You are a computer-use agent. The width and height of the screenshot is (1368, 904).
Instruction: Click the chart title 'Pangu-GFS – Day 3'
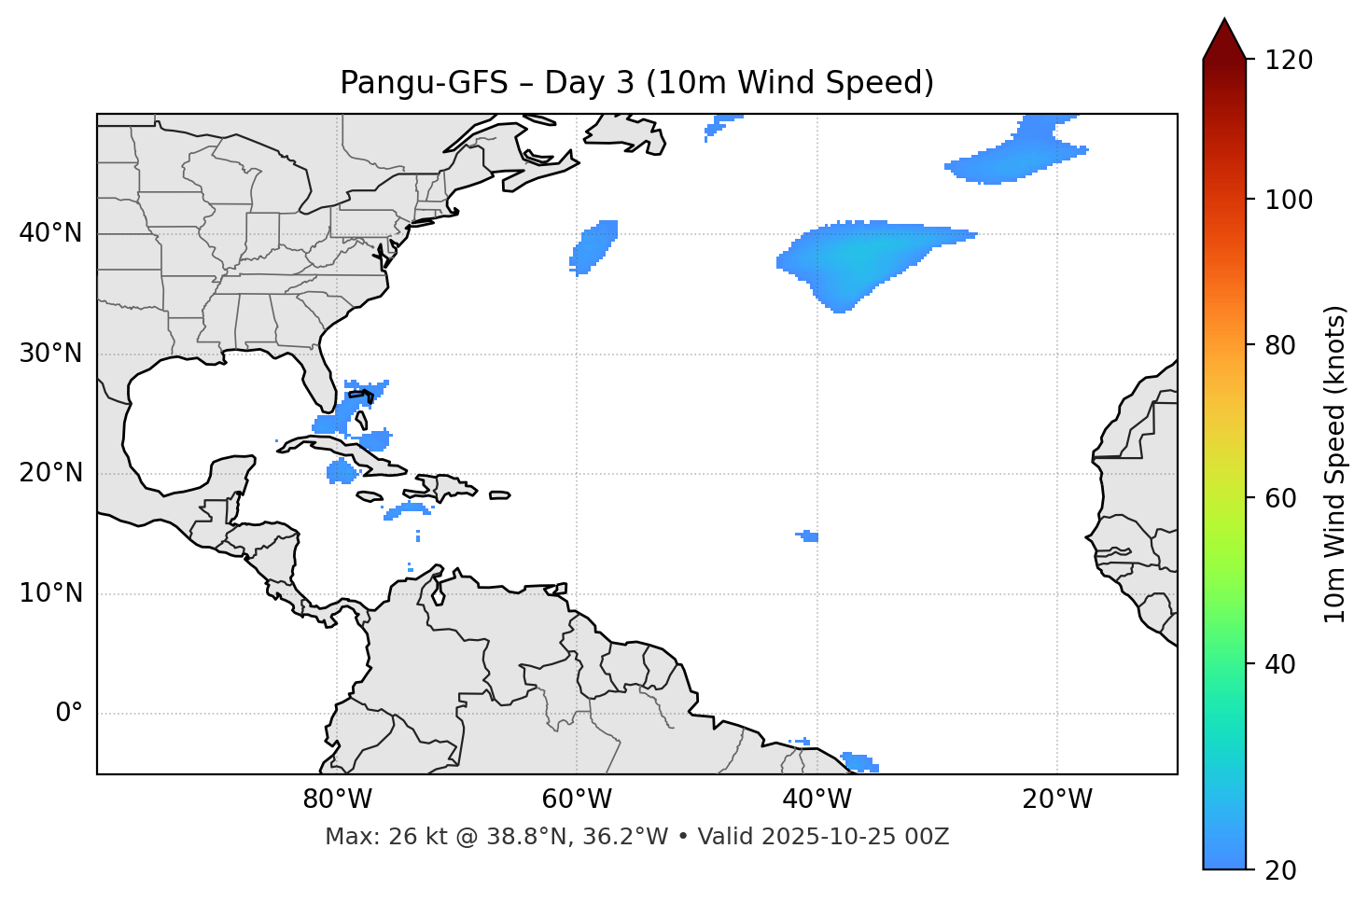point(636,83)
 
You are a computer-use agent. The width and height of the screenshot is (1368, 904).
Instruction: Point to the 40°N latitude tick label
point(50,233)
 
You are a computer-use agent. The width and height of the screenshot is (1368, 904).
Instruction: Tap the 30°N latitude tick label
point(50,354)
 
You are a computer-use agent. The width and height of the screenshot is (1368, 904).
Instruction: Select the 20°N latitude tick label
point(50,474)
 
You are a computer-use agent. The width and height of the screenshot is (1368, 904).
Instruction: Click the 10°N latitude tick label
point(50,593)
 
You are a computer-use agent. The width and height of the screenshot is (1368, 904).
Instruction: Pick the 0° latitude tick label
point(69,714)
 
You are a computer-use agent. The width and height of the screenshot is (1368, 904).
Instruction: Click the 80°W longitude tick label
point(337,800)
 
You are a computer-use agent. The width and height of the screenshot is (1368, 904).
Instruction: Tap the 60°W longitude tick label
point(577,800)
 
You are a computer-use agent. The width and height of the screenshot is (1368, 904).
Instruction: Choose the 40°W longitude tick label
point(817,800)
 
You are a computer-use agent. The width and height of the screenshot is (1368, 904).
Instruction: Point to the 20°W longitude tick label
point(1056,800)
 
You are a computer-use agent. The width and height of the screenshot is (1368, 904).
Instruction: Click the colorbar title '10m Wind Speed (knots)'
point(1335,464)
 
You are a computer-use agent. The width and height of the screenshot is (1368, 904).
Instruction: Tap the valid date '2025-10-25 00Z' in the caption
point(855,837)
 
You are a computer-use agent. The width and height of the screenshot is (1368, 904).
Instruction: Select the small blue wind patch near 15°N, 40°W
point(809,536)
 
